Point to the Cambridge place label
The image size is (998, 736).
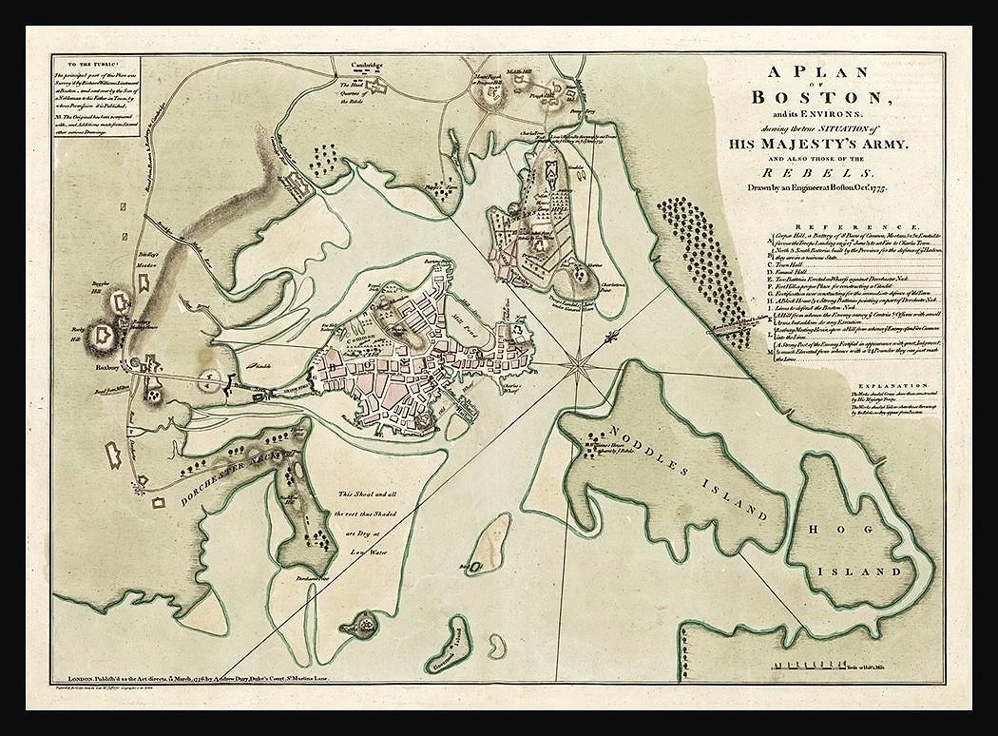tap(365, 66)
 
